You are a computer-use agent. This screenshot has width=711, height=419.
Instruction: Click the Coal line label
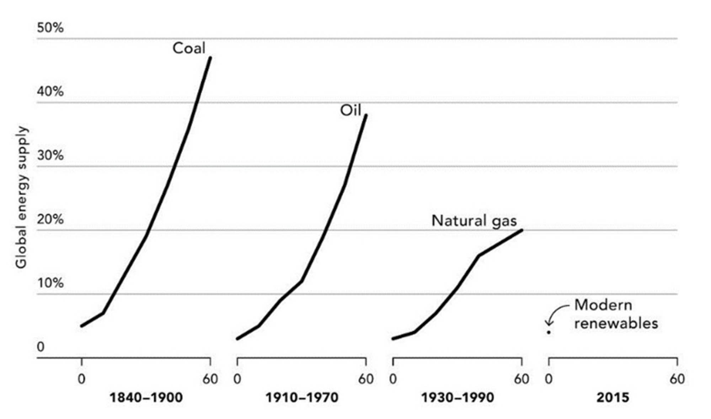click(x=189, y=48)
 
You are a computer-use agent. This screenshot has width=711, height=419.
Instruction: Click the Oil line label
click(x=351, y=110)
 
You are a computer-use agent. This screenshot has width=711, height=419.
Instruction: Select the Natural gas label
click(x=474, y=221)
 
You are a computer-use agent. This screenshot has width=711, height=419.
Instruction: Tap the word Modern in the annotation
click(x=603, y=305)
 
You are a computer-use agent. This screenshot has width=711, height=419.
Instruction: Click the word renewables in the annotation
click(x=616, y=323)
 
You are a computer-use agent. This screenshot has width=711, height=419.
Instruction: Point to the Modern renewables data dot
click(x=549, y=333)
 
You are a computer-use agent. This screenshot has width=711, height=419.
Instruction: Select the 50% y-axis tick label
click(x=50, y=28)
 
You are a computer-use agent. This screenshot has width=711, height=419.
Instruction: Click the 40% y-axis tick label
click(x=50, y=92)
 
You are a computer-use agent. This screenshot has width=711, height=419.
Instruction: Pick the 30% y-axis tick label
click(x=50, y=155)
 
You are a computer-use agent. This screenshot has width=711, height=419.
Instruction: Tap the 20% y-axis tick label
click(x=50, y=219)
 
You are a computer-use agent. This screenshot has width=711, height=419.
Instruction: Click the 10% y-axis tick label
click(x=50, y=283)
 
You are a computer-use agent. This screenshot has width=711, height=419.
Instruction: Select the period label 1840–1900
click(x=146, y=397)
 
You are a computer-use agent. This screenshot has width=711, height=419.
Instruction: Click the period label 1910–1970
click(x=302, y=397)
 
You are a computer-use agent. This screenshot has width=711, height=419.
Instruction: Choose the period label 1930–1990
click(x=458, y=397)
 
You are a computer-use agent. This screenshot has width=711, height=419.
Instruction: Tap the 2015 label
click(x=613, y=397)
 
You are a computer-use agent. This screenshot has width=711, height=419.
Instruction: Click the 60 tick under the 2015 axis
click(x=677, y=379)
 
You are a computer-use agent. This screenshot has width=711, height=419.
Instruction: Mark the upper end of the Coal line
click(x=210, y=58)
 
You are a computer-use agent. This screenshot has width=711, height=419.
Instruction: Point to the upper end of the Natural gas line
click(x=522, y=230)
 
